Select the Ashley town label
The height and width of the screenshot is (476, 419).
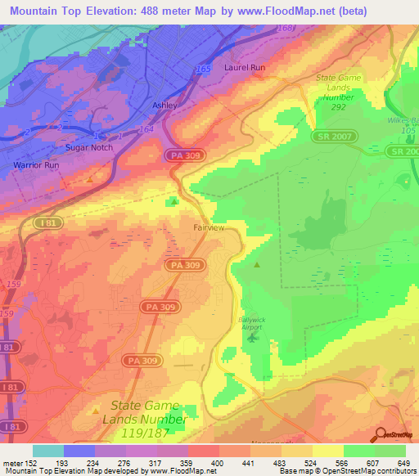pos(164,106)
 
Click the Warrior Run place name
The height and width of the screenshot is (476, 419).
pos(37,165)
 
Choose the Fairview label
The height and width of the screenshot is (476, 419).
pos(208,228)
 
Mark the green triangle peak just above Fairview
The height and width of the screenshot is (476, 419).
pos(173,201)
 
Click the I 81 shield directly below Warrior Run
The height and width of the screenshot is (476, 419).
pos(48,222)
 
